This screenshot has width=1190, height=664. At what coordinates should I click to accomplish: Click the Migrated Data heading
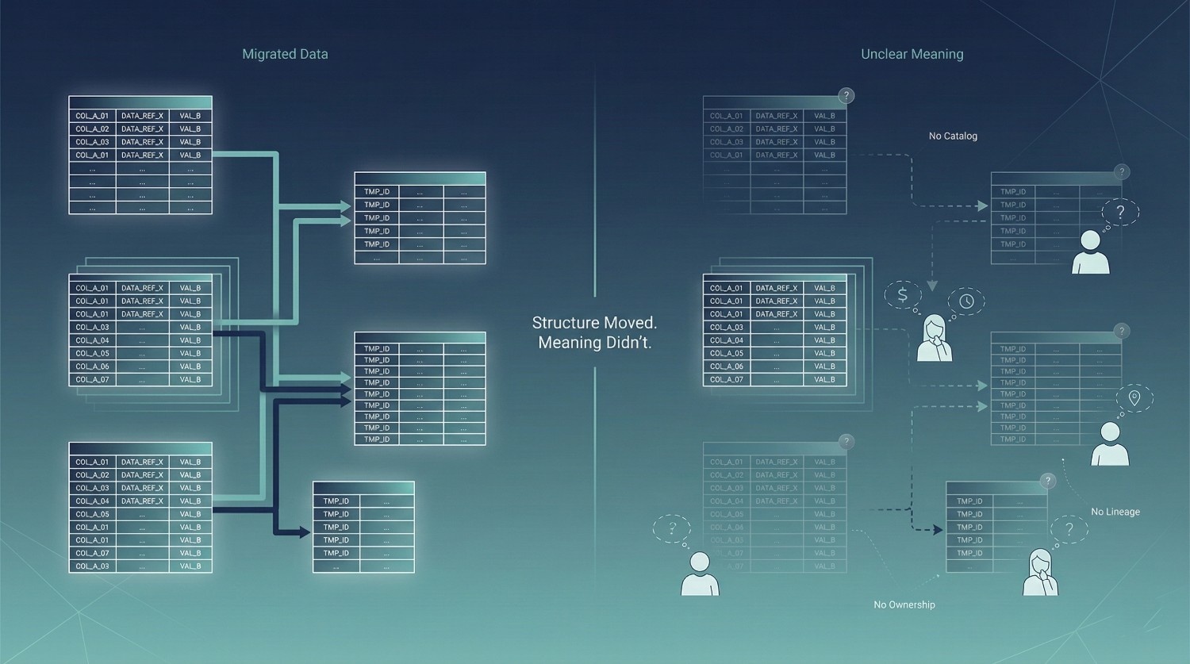coord(285,54)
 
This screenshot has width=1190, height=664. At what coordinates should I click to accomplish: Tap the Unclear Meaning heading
coord(912,54)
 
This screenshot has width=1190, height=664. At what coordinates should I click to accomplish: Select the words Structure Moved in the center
coord(594,323)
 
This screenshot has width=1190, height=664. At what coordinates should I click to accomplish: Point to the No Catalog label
coord(953,136)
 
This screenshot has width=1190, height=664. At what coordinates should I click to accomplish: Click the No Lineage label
coord(1115,512)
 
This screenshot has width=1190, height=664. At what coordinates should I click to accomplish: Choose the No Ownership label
coord(904,605)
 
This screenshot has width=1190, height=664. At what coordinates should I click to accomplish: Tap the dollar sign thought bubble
coord(902,295)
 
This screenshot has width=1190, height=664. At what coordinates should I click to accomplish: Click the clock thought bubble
coord(966,301)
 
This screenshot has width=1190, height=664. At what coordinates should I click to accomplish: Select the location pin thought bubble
coord(1134,397)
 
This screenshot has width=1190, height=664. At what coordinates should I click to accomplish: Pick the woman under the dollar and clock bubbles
coord(935,339)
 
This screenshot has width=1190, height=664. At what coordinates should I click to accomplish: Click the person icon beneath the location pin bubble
coord(1110,443)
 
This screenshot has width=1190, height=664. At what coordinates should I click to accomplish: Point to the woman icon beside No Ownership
coord(1040,572)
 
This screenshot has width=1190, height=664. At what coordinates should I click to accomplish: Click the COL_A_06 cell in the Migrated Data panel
coord(92,367)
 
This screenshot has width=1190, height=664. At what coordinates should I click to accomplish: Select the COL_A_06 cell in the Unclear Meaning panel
coord(727,367)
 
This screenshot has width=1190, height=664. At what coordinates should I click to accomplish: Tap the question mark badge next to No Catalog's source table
coord(846,95)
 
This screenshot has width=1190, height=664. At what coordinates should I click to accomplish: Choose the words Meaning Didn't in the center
coord(594,343)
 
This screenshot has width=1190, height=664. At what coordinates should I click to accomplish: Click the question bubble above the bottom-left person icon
coord(672,528)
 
